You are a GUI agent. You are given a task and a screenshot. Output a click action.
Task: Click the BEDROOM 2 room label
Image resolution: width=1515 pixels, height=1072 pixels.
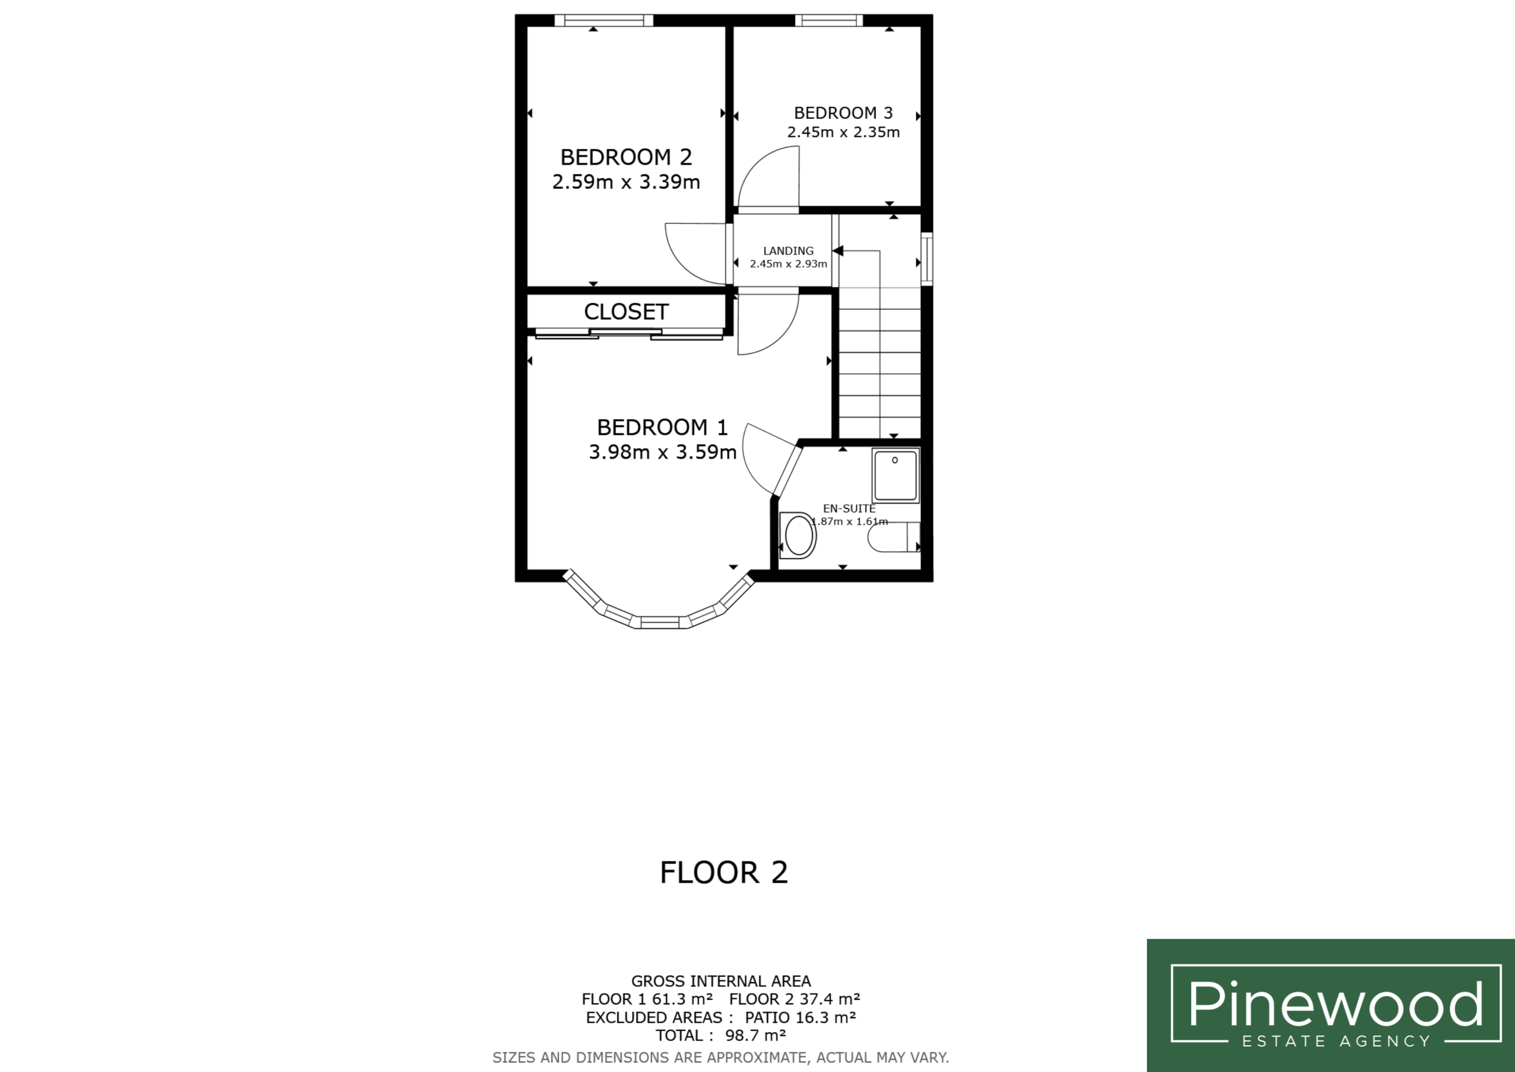(x=626, y=157)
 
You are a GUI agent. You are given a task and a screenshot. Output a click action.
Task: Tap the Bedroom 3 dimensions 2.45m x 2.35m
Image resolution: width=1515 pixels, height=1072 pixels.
(x=843, y=132)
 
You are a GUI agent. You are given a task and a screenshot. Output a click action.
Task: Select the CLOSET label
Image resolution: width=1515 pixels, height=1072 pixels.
(x=626, y=311)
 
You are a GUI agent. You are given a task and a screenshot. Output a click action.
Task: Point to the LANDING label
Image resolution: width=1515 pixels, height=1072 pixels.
(x=788, y=251)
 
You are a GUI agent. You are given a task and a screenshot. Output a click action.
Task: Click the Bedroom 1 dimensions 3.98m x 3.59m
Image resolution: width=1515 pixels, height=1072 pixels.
(x=662, y=452)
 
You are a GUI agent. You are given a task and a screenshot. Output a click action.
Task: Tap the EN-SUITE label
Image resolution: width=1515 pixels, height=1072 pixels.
(x=849, y=508)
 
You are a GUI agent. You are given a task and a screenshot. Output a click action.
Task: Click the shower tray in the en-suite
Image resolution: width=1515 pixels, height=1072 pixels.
(x=895, y=475)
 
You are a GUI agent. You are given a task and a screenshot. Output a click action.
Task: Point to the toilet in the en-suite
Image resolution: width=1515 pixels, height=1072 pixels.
(x=894, y=537)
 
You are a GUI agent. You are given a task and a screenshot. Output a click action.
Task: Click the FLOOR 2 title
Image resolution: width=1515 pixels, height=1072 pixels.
(x=724, y=872)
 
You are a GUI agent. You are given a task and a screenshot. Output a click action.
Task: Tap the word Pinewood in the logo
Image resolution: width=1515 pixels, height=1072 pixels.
(x=1336, y=1003)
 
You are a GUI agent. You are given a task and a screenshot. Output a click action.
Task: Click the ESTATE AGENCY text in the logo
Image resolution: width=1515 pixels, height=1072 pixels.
(x=1336, y=1042)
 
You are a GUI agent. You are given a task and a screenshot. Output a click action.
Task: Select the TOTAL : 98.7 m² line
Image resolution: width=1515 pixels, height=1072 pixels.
(x=721, y=1035)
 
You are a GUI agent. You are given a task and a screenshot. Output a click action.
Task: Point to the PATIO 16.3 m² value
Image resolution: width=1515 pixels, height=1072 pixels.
(x=800, y=1017)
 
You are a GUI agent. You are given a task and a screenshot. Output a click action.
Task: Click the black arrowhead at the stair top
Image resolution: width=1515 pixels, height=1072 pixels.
(x=838, y=251)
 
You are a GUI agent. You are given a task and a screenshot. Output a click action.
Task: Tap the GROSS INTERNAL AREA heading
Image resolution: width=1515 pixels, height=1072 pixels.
(x=721, y=981)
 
